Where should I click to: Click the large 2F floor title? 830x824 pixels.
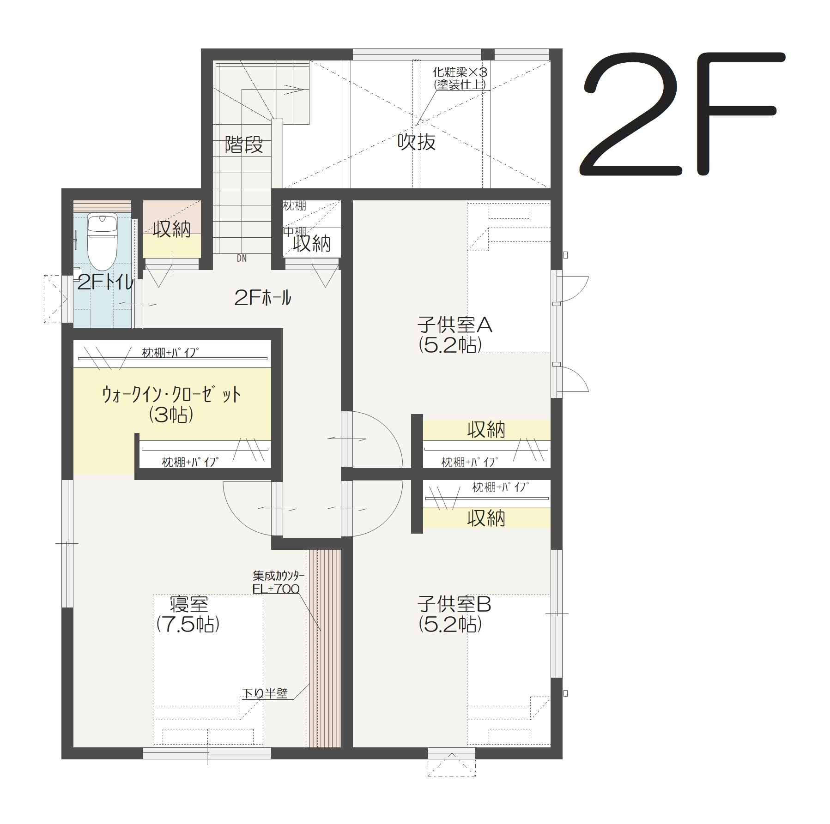pos(682,114)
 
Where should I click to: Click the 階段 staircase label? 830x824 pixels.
pos(244,145)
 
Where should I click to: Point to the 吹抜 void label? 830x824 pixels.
pos(417,142)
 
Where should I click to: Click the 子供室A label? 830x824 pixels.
pos(455,325)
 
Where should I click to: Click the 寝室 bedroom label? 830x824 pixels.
pos(189,604)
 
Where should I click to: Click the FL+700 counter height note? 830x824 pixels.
pos(276,589)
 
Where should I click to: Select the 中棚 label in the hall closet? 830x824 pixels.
pos(295,232)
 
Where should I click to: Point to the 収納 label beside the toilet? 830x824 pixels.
pos(172,229)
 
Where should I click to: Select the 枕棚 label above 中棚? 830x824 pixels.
pos(295,206)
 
